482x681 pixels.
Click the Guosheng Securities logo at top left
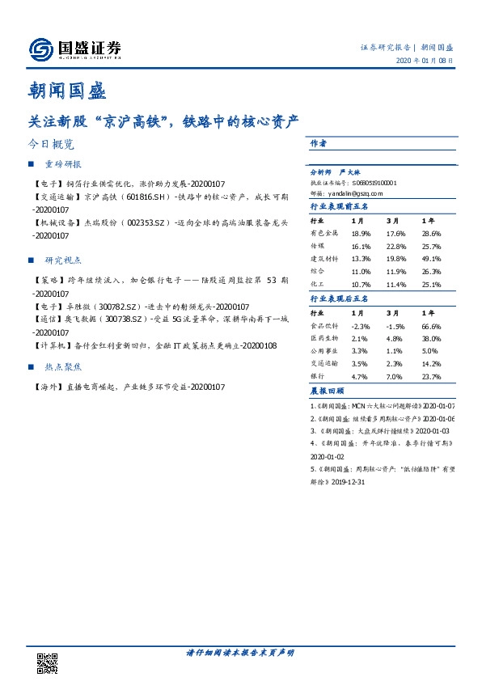tap(75, 49)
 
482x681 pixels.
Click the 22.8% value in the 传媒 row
tap(395, 246)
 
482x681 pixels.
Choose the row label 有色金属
tap(323, 233)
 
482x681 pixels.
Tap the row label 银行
tap(318, 376)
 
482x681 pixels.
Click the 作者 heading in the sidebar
tap(318, 143)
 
